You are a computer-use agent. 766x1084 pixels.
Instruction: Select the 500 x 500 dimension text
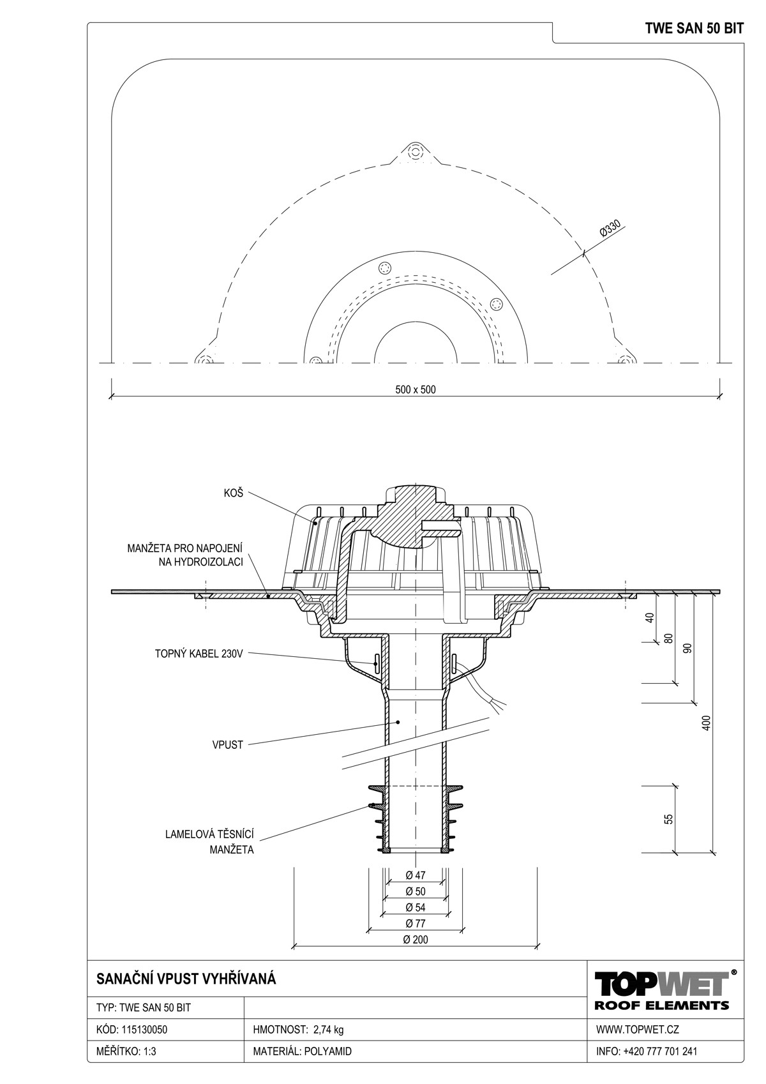(415, 389)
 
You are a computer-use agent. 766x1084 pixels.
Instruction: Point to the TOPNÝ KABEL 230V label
(199, 654)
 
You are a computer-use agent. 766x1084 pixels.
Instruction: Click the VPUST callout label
(227, 745)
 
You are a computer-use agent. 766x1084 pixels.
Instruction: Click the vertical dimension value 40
(650, 618)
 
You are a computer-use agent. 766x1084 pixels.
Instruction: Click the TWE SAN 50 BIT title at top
(695, 29)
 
